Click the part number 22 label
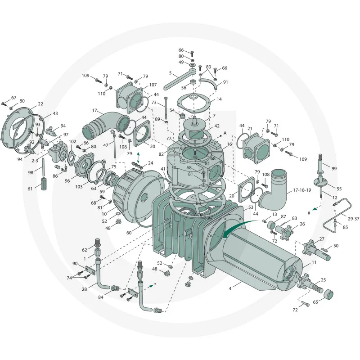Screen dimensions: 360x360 click(x=40, y=104)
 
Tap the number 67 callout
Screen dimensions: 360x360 click(x=13, y=98)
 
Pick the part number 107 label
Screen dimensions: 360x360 click(x=153, y=85)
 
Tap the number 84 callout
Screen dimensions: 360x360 click(x=101, y=297)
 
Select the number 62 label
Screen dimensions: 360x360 click(x=84, y=250)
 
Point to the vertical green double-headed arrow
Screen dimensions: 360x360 click(x=138, y=158)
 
